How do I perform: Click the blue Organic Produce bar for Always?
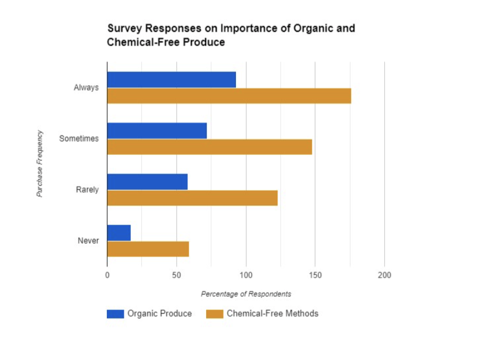[x=171, y=79]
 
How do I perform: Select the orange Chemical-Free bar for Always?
[x=229, y=96]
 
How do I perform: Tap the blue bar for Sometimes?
[x=156, y=131]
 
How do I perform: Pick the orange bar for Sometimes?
[x=209, y=147]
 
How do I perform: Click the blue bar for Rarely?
[x=147, y=182]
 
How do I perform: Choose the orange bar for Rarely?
[x=192, y=198]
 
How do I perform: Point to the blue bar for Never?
[x=119, y=233]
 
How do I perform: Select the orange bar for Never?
[x=148, y=249]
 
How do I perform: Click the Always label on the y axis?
[x=86, y=88]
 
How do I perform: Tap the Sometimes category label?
[x=79, y=139]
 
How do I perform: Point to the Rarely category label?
[x=87, y=190]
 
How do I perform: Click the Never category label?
[x=88, y=241]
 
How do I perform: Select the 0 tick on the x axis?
[x=107, y=275]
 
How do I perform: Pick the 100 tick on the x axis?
[x=246, y=275]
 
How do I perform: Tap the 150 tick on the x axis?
[x=315, y=275]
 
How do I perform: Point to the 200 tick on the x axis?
[x=384, y=275]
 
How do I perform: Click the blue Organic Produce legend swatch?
[x=115, y=314]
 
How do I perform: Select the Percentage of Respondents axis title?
[x=246, y=294]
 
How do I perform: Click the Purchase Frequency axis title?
[x=40, y=164]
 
